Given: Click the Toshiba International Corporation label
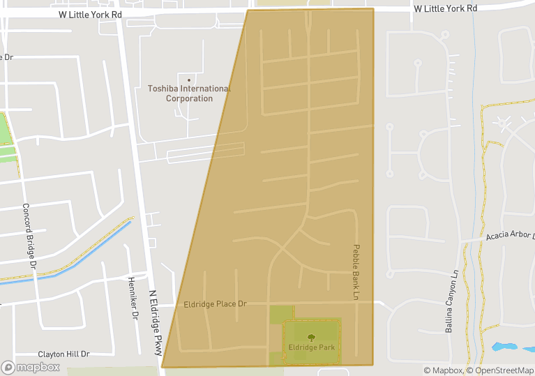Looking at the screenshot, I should pos(189,93).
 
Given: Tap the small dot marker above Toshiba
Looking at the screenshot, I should pos(188,80).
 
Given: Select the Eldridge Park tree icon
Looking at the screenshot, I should pos(311,336).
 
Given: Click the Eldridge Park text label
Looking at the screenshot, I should pos(311,347).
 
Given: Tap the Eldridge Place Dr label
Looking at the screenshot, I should pos(216,304).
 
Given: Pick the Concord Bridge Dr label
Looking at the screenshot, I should pos(29,236).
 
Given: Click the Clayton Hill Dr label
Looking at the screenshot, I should pos(64,354).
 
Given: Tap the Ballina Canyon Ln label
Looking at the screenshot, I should pos(451,301).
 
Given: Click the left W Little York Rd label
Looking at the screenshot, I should pos(91,14).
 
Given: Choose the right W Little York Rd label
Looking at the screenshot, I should pos(445,8).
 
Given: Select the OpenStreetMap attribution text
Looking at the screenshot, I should pos(500,370).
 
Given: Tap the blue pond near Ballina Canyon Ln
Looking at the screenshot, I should pos(505,346).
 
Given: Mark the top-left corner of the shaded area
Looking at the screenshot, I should pos(248,10).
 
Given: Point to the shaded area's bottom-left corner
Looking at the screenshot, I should pos(163,366).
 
